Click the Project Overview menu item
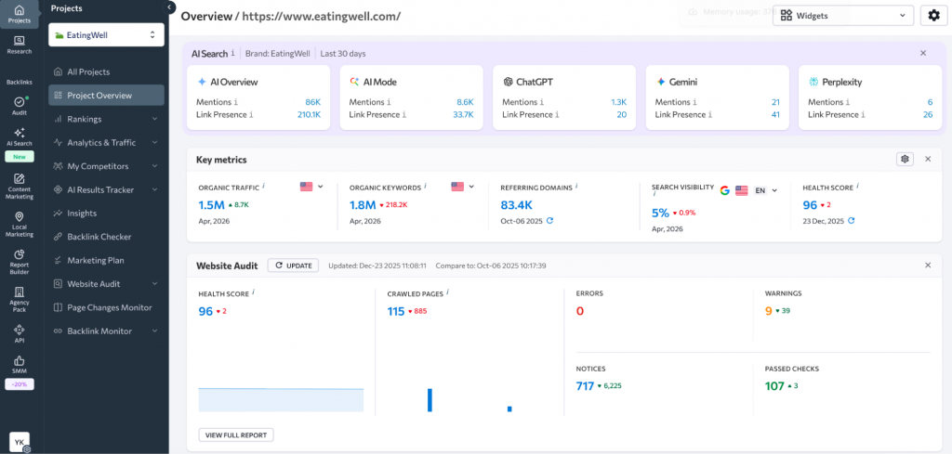point(99,95)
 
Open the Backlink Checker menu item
point(99,237)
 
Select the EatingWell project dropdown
point(106,34)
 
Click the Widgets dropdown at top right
point(842,16)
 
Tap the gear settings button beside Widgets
point(934,16)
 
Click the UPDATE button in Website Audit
point(293,266)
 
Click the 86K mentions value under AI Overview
point(312,102)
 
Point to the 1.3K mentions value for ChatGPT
point(618,102)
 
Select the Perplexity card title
point(841,82)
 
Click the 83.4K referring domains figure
point(516,205)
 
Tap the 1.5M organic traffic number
point(211,205)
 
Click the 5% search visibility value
point(660,212)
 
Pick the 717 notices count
point(585,386)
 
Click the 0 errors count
point(580,311)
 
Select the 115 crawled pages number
point(396,311)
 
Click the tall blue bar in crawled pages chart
point(430,400)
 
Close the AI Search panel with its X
point(923,54)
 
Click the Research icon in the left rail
point(19,45)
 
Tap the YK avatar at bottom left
point(19,442)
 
